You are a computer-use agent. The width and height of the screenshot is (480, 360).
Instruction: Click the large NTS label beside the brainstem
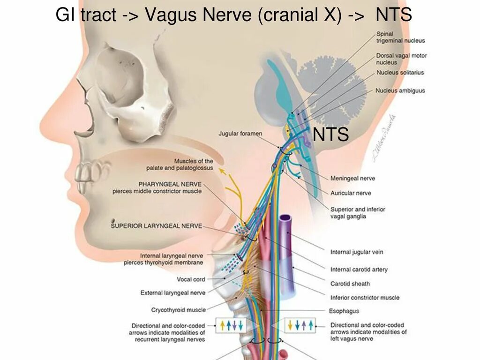click(331, 135)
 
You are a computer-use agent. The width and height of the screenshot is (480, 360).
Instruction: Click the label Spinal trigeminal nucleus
click(400, 37)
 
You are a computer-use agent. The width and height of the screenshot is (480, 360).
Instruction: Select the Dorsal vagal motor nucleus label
click(401, 59)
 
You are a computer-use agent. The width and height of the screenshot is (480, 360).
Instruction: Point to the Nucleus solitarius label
click(400, 73)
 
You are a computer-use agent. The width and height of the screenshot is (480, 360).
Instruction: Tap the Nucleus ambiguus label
click(400, 90)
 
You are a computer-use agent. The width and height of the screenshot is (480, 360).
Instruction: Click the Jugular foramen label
click(240, 134)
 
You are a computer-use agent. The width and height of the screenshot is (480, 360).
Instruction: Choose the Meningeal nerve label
click(352, 179)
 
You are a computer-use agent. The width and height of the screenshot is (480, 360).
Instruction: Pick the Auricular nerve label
click(351, 193)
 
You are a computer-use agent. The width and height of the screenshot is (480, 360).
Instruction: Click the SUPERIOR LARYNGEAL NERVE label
click(156, 226)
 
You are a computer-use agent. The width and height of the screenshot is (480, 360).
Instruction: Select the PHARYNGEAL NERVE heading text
click(170, 184)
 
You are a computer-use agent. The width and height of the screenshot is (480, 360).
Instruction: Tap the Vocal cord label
click(191, 279)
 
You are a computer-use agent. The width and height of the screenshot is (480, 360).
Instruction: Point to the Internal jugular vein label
click(357, 252)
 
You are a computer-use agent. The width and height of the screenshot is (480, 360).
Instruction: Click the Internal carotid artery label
click(359, 270)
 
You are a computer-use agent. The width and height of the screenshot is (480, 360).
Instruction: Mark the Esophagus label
click(345, 311)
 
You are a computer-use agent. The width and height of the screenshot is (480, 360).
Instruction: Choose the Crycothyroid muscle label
click(178, 310)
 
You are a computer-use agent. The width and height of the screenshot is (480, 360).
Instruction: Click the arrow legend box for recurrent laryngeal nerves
click(230, 325)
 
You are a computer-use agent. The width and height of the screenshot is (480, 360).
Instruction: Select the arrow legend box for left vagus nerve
click(300, 325)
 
